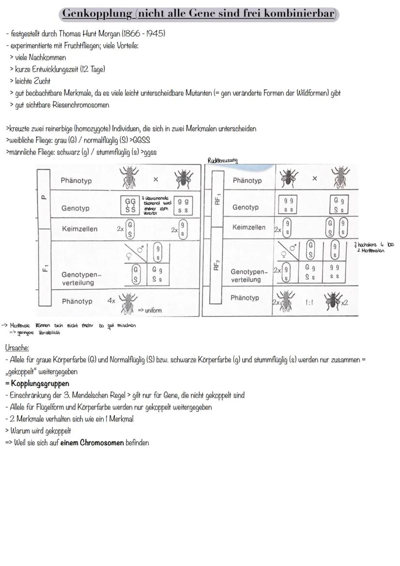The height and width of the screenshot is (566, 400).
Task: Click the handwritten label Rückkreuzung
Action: pos(222,160)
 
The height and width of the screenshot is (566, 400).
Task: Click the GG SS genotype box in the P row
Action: pos(130,205)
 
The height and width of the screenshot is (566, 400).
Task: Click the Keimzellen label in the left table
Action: pos(79,229)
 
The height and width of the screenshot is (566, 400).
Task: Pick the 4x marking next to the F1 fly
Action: pos(111,301)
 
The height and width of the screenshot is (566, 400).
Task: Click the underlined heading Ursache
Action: pos(17,348)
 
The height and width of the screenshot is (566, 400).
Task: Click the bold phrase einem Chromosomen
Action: pos(92,442)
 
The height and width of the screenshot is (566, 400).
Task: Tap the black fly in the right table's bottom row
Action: pos(333,301)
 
